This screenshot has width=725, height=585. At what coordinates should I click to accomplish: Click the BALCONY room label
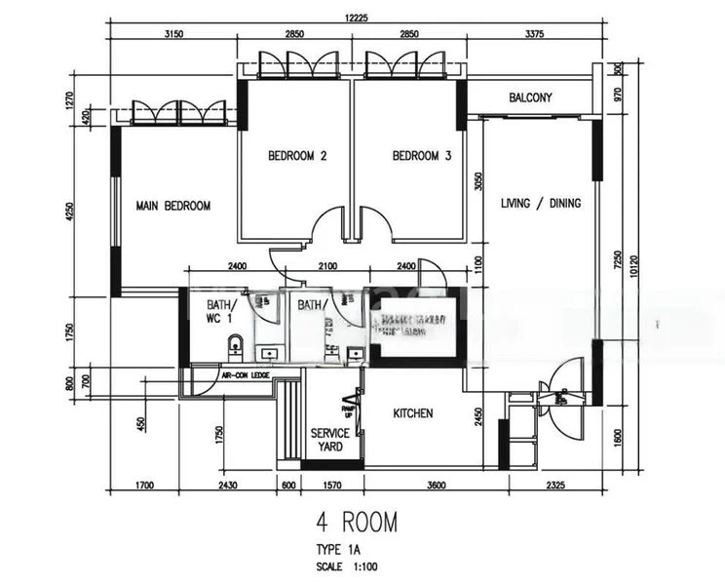pyautogui.click(x=530, y=97)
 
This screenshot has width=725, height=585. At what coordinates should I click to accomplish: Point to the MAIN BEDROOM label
pyautogui.click(x=173, y=206)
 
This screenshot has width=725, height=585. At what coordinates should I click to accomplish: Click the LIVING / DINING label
pyautogui.click(x=541, y=204)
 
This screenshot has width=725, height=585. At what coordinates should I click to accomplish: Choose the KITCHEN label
pyautogui.click(x=412, y=413)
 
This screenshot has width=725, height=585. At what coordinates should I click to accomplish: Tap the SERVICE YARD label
pyautogui.click(x=330, y=440)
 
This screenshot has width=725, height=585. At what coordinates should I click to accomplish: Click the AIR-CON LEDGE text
pyautogui.click(x=245, y=373)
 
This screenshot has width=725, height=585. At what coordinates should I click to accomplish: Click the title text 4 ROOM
pyautogui.click(x=356, y=523)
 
